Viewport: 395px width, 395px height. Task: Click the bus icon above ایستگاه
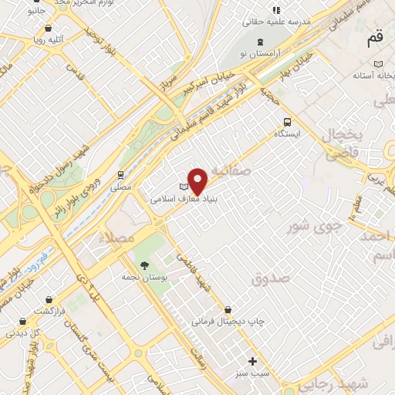pyautogui.click(x=288, y=122)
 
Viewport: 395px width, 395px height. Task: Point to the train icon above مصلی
pyautogui.click(x=120, y=175)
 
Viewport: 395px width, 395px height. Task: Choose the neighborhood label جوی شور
pyautogui.click(x=312, y=226)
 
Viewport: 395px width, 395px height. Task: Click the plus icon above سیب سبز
pyautogui.click(x=252, y=360)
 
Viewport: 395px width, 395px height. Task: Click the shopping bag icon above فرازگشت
pyautogui.click(x=49, y=299)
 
